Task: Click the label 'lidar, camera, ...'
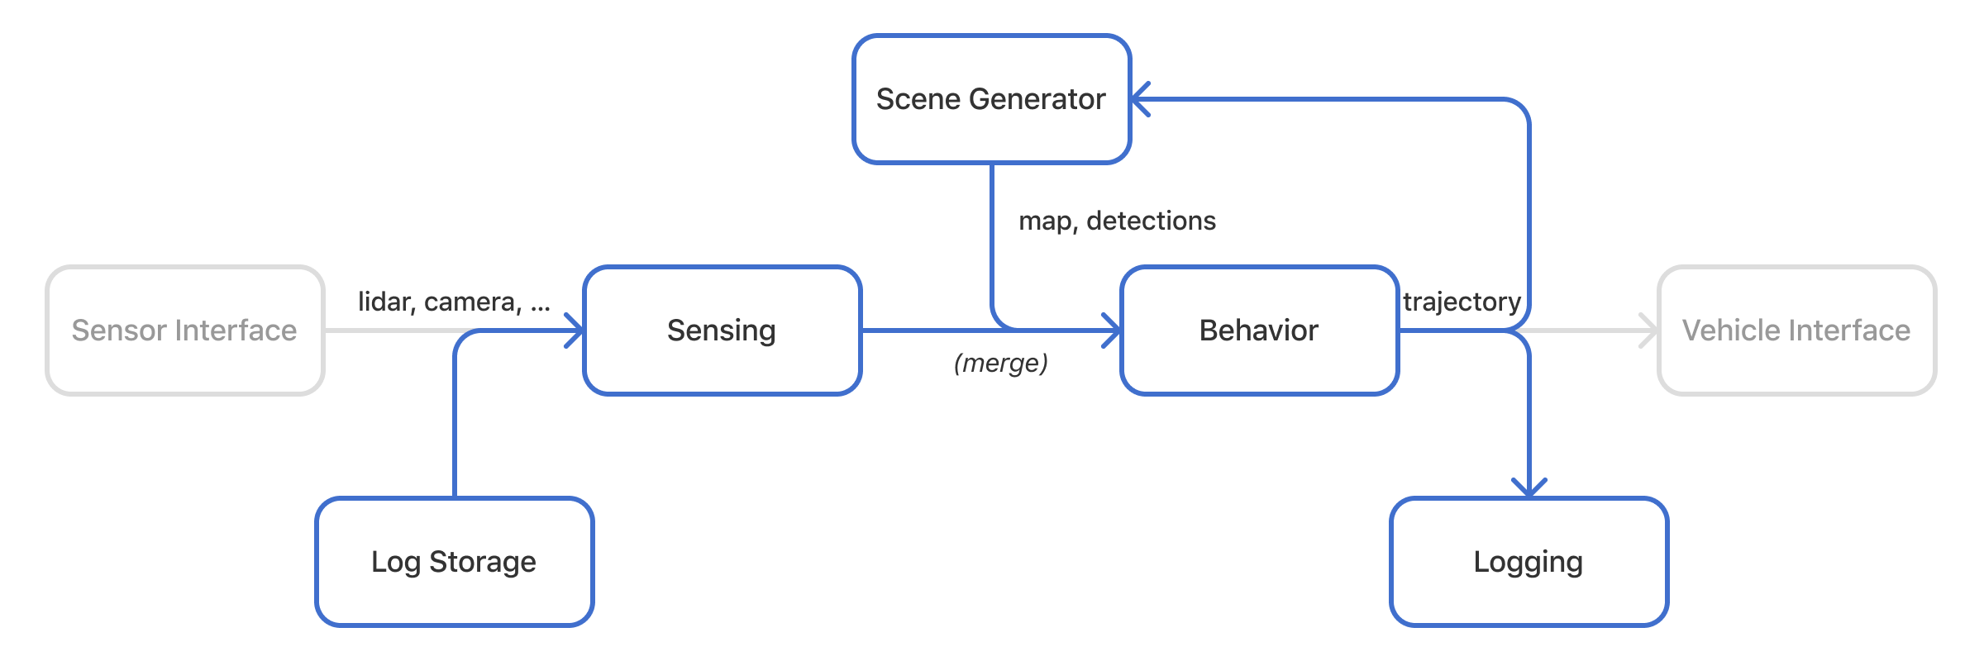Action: point(454,302)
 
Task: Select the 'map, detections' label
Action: point(1117,221)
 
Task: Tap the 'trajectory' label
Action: point(1462,302)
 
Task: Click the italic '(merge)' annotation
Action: point(1000,363)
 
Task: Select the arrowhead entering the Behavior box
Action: point(1114,330)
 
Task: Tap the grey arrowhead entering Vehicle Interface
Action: point(1651,330)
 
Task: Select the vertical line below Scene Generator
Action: point(991,240)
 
